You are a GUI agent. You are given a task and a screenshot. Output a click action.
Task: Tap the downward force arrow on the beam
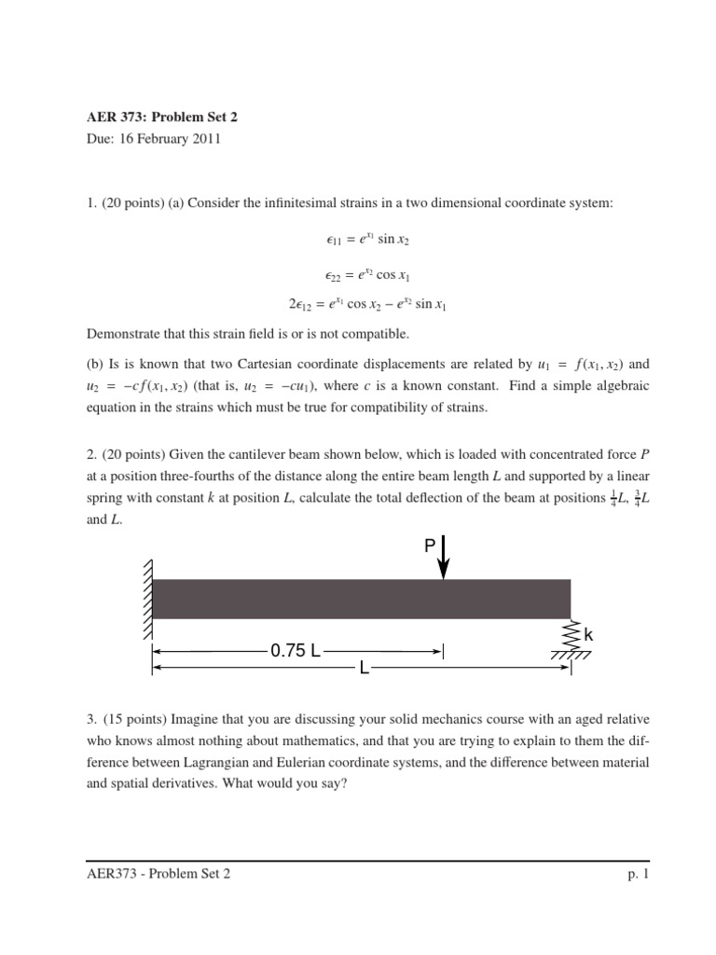(444, 557)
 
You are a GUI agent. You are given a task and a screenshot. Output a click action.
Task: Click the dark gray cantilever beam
(362, 599)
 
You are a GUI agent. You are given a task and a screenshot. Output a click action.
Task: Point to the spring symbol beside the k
(571, 634)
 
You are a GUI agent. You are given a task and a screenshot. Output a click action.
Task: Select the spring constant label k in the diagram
(588, 635)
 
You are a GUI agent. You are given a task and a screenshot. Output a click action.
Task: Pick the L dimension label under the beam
(365, 669)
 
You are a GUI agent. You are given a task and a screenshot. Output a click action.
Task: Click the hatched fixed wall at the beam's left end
(146, 599)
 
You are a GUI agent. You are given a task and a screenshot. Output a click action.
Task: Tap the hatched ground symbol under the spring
(571, 657)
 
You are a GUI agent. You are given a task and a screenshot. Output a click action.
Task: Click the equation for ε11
(362, 239)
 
